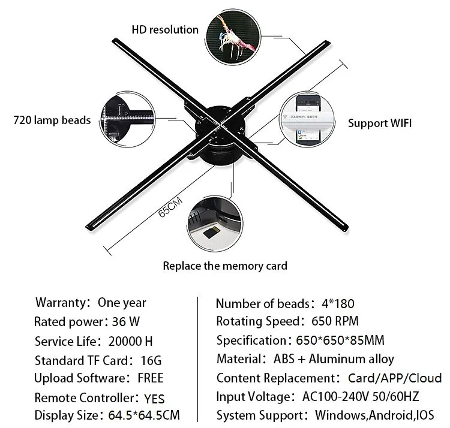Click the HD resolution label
[165, 29]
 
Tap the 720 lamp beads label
[52, 120]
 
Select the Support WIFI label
[380, 123]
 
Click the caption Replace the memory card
[225, 266]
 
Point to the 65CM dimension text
[170, 212]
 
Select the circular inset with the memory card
[215, 219]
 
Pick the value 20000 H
[130, 342]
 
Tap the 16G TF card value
[149, 361]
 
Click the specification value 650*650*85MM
[340, 340]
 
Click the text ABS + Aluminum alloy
[334, 360]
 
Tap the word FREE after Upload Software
[151, 378]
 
